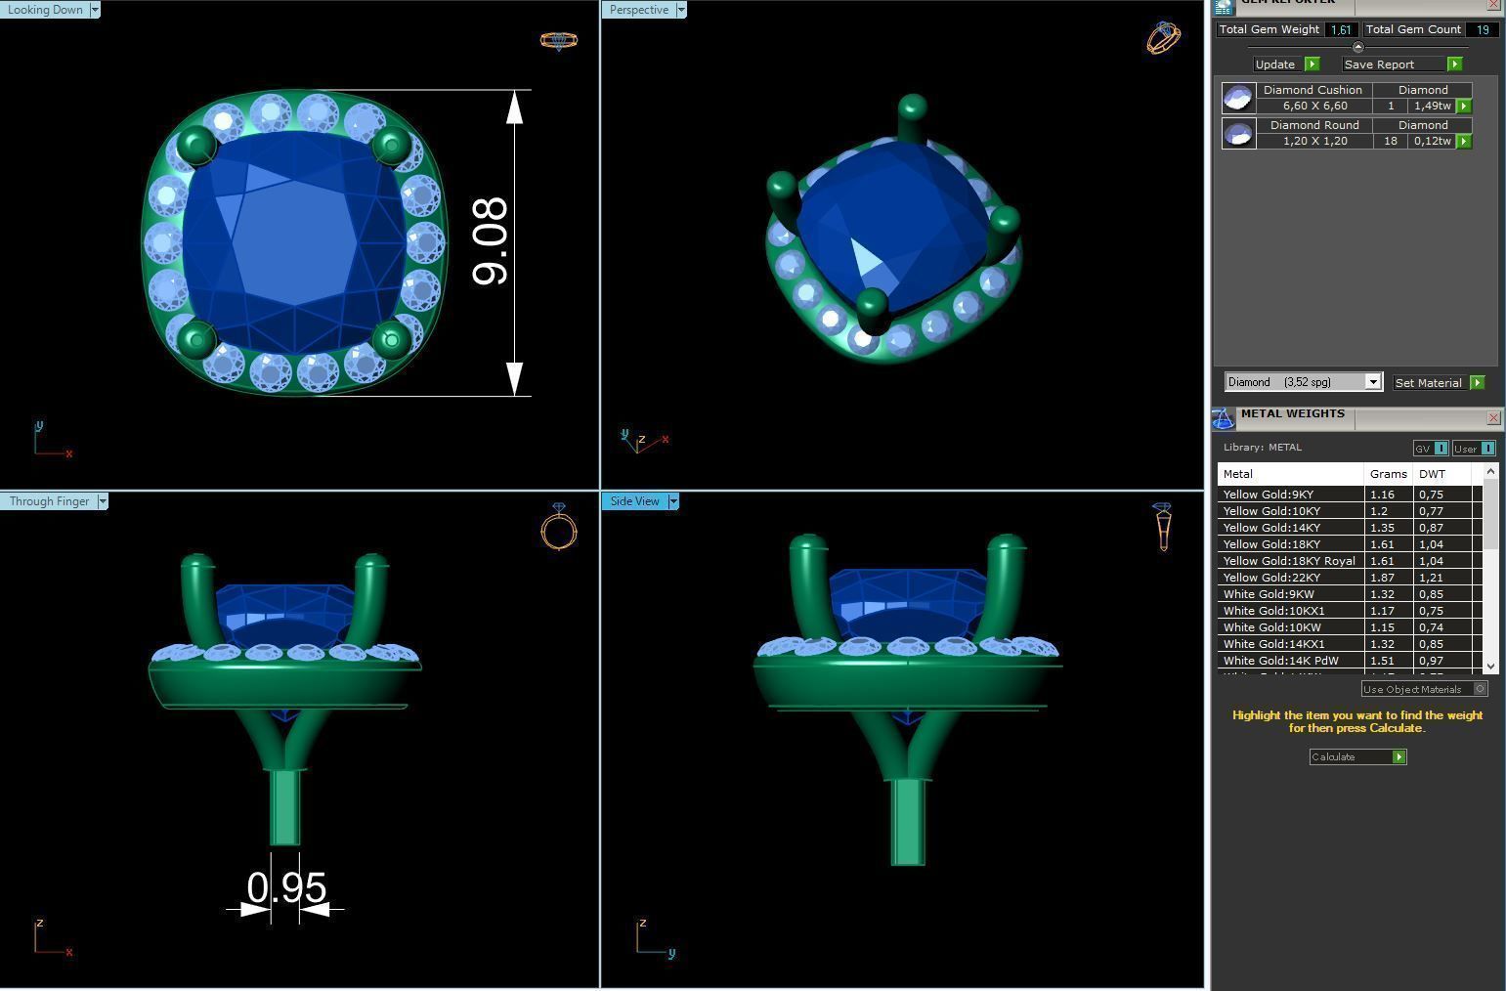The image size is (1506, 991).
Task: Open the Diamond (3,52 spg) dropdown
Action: click(1372, 382)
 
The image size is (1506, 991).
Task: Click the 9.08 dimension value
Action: click(491, 241)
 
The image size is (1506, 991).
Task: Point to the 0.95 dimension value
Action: click(286, 887)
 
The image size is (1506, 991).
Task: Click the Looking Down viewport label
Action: click(45, 10)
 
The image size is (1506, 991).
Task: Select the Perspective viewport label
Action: click(639, 10)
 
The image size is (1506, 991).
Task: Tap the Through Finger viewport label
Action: click(49, 501)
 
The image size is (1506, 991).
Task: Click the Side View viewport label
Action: click(635, 501)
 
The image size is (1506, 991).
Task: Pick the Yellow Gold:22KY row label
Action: click(1270, 578)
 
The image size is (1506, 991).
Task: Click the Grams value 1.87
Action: click(1383, 578)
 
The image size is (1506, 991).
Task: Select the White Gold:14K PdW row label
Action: click(1280, 661)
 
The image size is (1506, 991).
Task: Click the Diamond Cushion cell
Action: click(1312, 90)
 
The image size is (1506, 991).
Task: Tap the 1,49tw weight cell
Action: click(1432, 106)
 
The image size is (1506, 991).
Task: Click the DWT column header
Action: click(1432, 474)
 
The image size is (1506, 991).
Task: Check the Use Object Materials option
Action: click(1480, 689)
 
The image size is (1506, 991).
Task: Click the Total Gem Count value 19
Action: click(1482, 29)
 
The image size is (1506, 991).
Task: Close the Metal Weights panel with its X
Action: click(1493, 418)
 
